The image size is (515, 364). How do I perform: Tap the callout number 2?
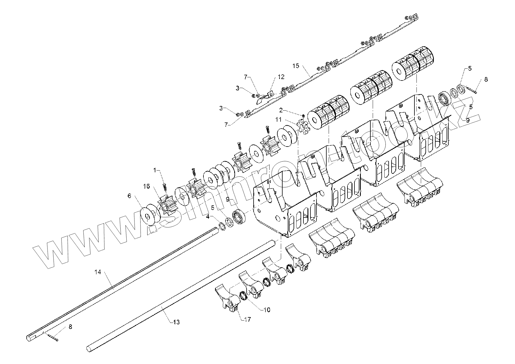[281, 110]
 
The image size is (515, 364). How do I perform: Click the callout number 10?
[267, 310]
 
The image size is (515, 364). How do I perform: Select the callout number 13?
[176, 322]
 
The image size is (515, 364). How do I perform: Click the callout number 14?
[98, 272]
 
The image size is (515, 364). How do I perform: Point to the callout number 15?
[296, 66]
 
